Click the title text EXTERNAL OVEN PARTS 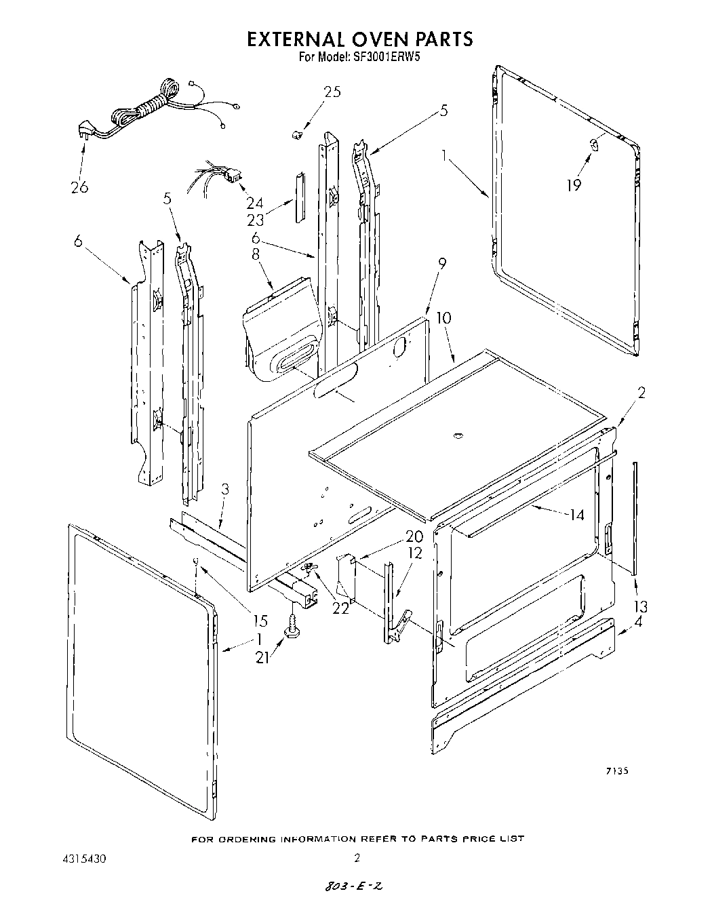(359, 39)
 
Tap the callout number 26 (79, 187)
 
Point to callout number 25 (332, 92)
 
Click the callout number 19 (574, 184)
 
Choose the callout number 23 (255, 220)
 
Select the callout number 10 (443, 318)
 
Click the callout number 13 (639, 606)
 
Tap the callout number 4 (639, 621)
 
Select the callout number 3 (224, 490)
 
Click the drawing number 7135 (617, 770)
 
